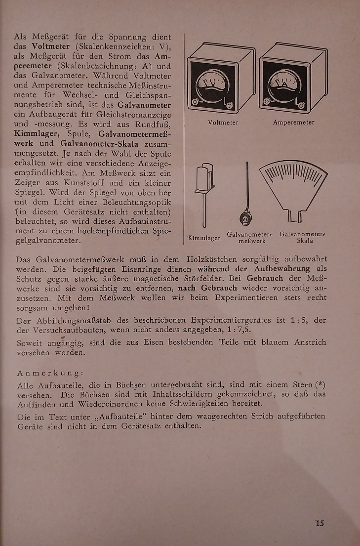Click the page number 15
click(x=320, y=523)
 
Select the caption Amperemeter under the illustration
click(x=293, y=123)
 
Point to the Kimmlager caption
click(x=204, y=238)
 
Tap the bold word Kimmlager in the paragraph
click(x=37, y=134)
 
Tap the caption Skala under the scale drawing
click(x=305, y=241)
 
